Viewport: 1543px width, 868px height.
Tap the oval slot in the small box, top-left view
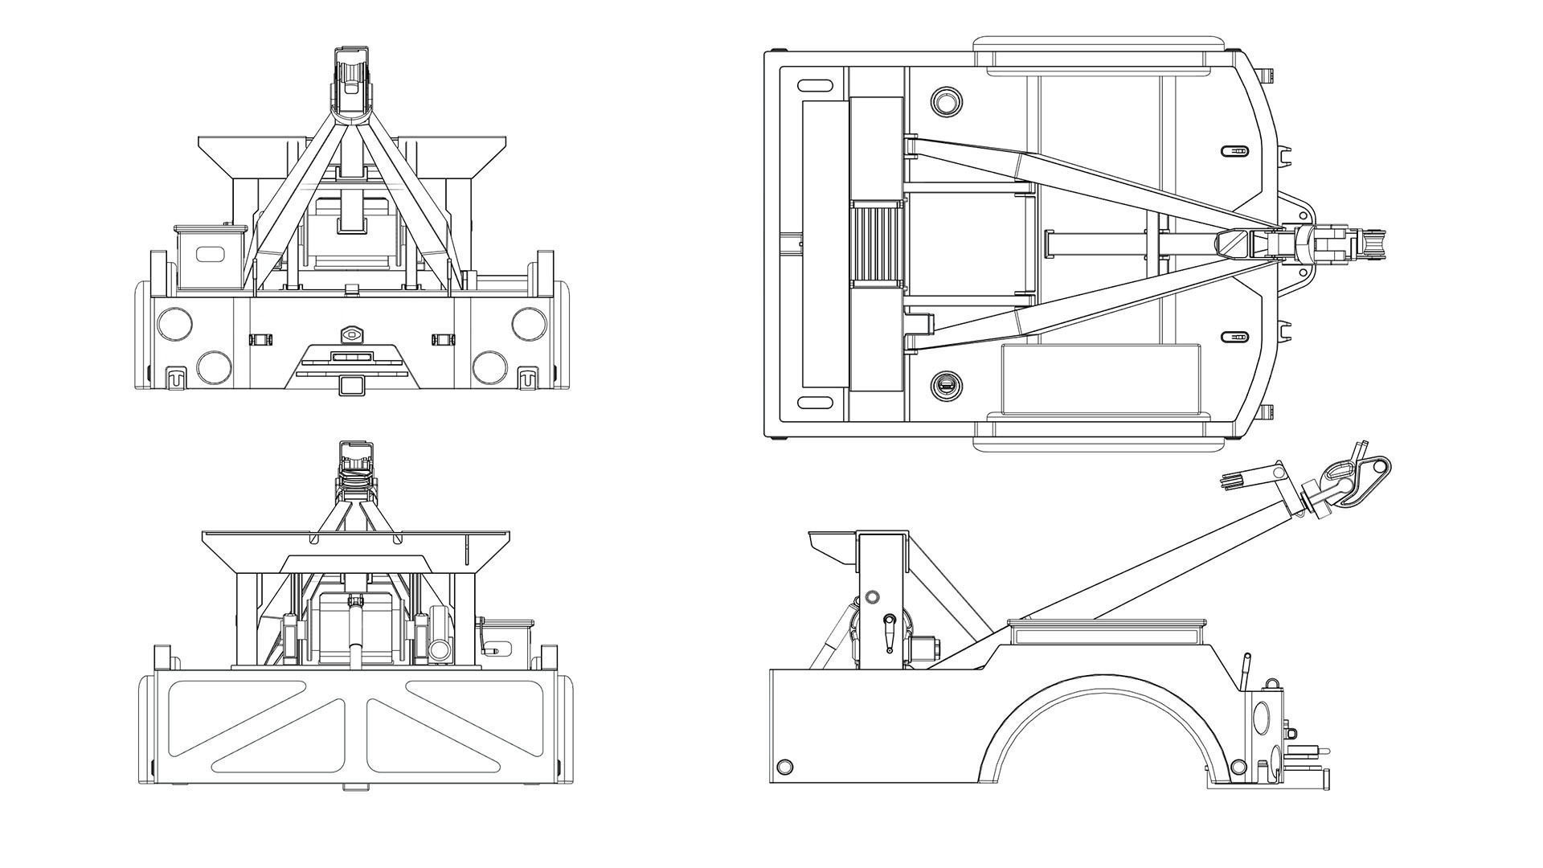pos(211,254)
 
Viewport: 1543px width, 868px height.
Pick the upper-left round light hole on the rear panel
pos(174,322)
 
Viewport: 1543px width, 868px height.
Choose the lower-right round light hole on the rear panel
pos(489,366)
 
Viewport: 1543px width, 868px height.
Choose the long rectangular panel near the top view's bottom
pos(1101,379)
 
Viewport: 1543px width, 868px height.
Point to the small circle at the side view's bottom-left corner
pos(785,766)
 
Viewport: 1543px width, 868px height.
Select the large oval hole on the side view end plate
pos(1259,716)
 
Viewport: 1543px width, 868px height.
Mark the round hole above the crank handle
pos(871,598)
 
